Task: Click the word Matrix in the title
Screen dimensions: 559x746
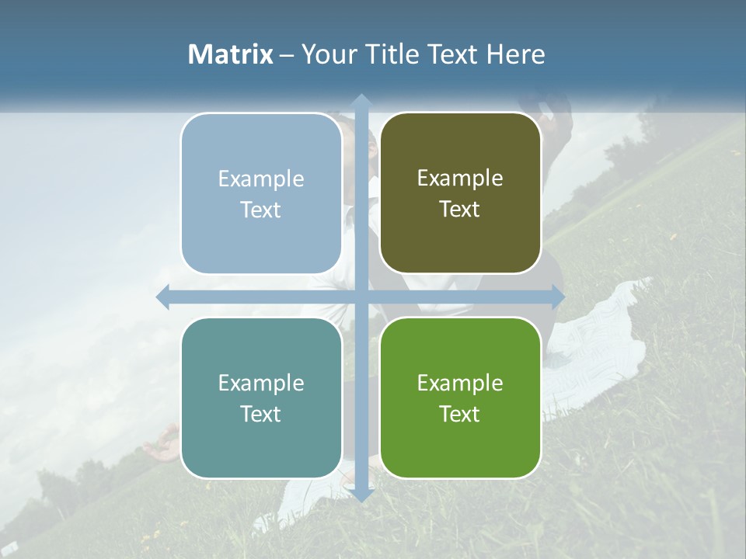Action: coord(231,54)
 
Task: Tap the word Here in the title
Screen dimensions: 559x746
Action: coord(515,54)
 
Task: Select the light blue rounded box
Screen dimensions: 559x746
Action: coord(261,193)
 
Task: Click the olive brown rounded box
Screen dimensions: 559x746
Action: coord(460,193)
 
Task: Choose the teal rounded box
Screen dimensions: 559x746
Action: coord(261,398)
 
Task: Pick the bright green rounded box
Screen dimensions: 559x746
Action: coord(460,398)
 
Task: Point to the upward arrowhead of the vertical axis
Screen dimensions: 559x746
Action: coord(361,100)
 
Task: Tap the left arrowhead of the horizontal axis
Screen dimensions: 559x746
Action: coord(163,297)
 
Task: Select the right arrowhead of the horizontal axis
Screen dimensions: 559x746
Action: coord(557,297)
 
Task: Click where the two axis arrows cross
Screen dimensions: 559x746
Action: coord(361,297)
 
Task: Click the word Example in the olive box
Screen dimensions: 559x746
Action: coord(460,178)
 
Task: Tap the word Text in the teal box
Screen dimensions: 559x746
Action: coord(260,414)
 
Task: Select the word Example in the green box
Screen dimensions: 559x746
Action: coord(460,383)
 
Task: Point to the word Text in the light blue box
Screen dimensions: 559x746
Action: coord(260,210)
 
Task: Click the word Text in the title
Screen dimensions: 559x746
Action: coord(452,54)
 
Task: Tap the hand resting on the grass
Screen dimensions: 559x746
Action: coord(161,446)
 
